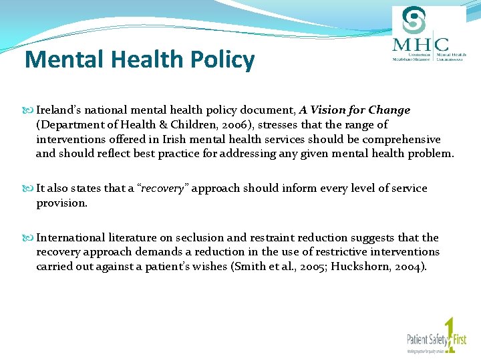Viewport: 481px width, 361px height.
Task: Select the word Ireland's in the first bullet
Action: point(59,110)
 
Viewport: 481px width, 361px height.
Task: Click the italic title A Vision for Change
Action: point(355,110)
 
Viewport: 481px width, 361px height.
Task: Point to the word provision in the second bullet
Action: point(61,203)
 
